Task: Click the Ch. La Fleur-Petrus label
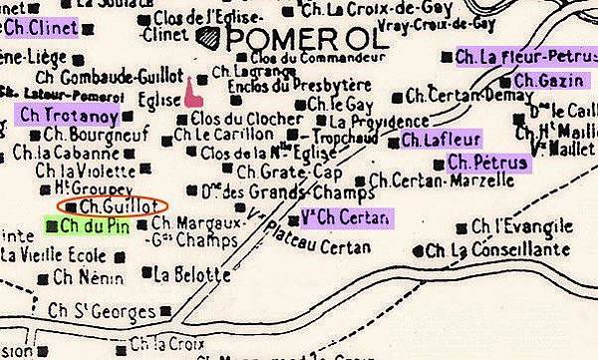(x=522, y=57)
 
